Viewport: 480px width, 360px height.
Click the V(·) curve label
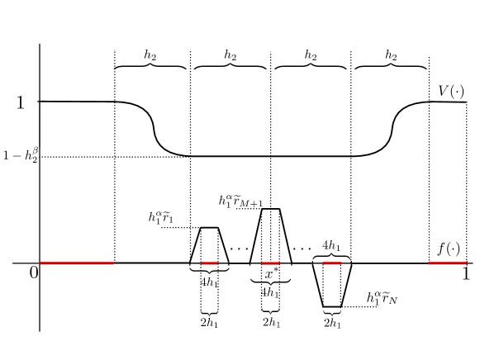451,91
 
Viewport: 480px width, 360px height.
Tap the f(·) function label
449,249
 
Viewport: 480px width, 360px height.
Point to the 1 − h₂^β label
21,154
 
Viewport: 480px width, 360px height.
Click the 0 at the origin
34,272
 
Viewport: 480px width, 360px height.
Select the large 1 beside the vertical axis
20,102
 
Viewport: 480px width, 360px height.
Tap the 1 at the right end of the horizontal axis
466,273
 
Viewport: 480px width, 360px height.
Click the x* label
269,273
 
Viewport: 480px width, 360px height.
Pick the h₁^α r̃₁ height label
161,217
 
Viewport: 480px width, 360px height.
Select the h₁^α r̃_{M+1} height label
240,201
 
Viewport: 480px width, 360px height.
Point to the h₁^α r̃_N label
382,297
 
